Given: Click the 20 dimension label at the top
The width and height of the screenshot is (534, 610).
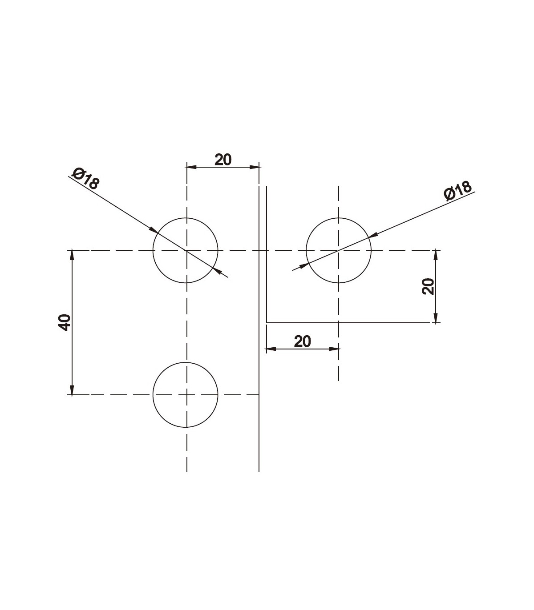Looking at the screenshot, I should click(x=223, y=159).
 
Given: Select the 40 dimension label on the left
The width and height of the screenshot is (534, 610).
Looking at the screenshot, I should click(x=65, y=322).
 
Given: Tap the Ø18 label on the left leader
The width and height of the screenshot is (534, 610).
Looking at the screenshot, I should click(x=86, y=178).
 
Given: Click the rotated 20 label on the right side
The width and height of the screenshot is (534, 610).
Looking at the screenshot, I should click(x=428, y=286).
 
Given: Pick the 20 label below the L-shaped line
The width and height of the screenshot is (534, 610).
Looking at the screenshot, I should click(x=302, y=341).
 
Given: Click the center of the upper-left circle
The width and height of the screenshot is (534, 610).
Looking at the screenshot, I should click(x=186, y=250).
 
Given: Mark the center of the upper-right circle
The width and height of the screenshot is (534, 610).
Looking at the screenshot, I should click(x=339, y=250).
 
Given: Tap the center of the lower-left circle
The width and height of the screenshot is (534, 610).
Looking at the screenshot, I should click(x=186, y=394).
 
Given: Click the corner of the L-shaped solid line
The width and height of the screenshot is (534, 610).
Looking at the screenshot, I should click(x=267, y=322).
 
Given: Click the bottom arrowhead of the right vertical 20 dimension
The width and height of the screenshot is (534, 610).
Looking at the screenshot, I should click(x=436, y=318).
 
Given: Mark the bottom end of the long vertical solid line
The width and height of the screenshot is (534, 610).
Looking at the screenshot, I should click(x=259, y=470).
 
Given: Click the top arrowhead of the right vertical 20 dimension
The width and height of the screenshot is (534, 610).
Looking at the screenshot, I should click(x=436, y=254).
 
